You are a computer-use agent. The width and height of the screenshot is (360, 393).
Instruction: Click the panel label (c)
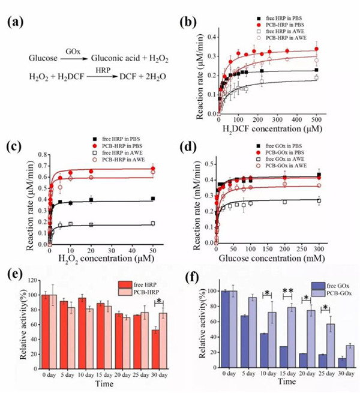16,147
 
